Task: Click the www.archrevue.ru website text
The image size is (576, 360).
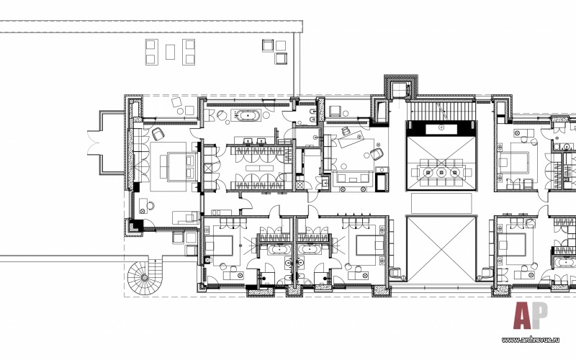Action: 530,340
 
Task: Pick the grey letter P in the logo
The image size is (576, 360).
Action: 539,315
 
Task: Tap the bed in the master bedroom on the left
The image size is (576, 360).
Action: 177,167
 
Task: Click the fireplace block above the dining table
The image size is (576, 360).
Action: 441,129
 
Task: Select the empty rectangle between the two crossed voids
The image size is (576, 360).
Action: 441,203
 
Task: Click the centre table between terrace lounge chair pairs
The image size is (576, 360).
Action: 170,52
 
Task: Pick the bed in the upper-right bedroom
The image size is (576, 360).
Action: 513,162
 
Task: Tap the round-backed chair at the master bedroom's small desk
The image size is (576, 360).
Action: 150,206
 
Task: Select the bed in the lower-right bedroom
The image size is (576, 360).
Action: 513,244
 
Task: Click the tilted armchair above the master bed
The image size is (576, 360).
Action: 158,134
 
